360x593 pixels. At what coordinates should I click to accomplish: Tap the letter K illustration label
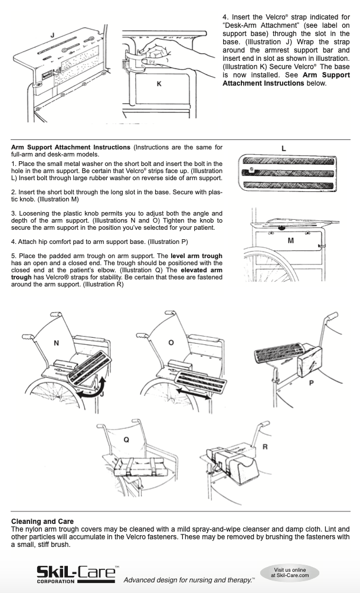(158, 84)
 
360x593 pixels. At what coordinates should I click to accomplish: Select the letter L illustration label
(284, 149)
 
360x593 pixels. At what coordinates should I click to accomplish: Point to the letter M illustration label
(290, 241)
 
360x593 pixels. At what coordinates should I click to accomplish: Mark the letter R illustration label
(265, 447)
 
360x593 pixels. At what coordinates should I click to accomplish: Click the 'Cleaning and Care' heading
(42, 522)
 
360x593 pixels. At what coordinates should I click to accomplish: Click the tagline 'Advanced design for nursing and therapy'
(188, 580)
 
